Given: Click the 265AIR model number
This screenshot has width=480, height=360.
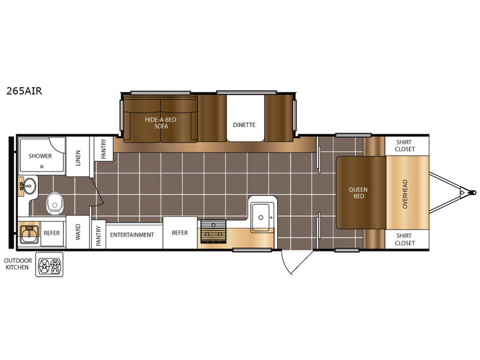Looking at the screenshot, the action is coord(24,91).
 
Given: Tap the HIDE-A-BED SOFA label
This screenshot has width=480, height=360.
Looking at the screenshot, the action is coord(161,123).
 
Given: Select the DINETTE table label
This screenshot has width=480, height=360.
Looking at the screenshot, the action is coord(244,125).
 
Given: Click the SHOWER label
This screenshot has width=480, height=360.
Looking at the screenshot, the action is coord(40,156).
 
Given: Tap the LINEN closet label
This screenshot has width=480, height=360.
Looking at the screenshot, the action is coord(78,158).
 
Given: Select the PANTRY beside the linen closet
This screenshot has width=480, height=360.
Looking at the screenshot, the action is coord(103,148).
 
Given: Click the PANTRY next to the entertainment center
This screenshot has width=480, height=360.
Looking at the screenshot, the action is coord(98,236).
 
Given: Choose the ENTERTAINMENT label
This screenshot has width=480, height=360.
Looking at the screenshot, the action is coord(132,235).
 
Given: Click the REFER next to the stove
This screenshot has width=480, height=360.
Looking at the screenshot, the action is coord(179,233).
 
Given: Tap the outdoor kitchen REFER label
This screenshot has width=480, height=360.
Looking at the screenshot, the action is coord(52,233).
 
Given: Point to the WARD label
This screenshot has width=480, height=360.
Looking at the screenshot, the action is coord(78,232).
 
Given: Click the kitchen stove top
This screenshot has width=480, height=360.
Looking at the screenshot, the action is coord(214,232).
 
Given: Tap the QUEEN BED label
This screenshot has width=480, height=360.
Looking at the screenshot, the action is coord(358,193).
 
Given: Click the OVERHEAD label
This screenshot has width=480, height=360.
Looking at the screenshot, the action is coord(405,194).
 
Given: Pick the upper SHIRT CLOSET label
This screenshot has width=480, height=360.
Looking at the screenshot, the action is coord(404,146).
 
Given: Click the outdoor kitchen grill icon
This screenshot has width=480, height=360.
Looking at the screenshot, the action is coord(49,265).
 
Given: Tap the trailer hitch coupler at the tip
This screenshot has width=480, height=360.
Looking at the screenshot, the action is coord(474,193).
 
